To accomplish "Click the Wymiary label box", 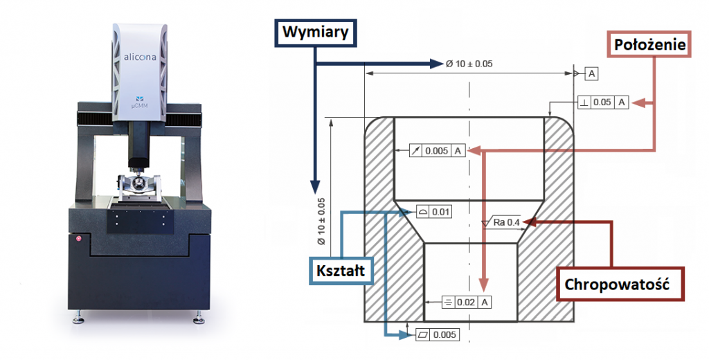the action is click(316, 33).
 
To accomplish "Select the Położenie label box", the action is click(649, 44).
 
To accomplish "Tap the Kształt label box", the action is click(341, 271).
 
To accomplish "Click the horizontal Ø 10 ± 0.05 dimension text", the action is click(469, 64).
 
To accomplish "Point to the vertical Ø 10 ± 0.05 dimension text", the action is click(321, 222).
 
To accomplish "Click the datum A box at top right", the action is click(591, 74).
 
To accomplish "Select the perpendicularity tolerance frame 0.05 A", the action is click(603, 102).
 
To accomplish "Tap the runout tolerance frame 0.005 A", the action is click(438, 151).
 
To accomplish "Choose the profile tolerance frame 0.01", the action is click(433, 211).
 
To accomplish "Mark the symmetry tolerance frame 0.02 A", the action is click(466, 302).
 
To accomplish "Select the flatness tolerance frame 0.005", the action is click(438, 334).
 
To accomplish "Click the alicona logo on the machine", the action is click(139, 57).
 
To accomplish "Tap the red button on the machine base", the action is click(78, 238).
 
